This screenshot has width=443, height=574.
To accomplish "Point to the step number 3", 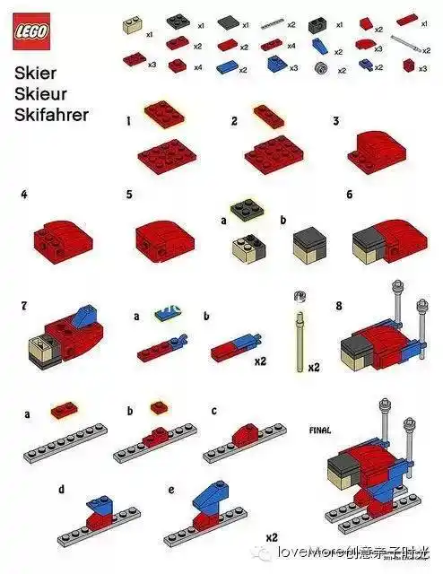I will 335,120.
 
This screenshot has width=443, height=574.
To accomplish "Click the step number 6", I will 349,194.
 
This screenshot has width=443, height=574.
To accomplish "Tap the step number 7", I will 24,305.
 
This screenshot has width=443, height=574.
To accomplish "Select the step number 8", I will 339,305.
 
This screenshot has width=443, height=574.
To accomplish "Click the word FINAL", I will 321,429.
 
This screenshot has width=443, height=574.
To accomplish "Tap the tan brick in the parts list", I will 134,26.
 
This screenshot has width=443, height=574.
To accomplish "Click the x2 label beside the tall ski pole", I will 314,368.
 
